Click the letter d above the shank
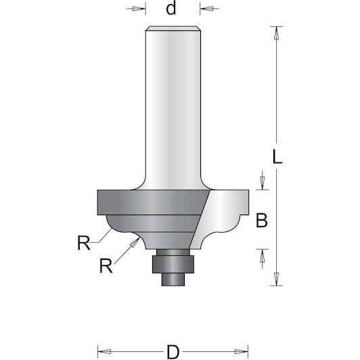pyautogui.click(x=171, y=9)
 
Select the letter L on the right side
pyautogui.click(x=277, y=156)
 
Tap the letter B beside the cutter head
pyautogui.click(x=262, y=221)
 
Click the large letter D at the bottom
pyautogui.click(x=173, y=352)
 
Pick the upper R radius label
pyautogui.click(x=84, y=243)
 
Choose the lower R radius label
pyautogui.click(x=106, y=266)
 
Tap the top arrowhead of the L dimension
pyautogui.click(x=277, y=33)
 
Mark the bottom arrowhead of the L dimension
pyautogui.click(x=277, y=279)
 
